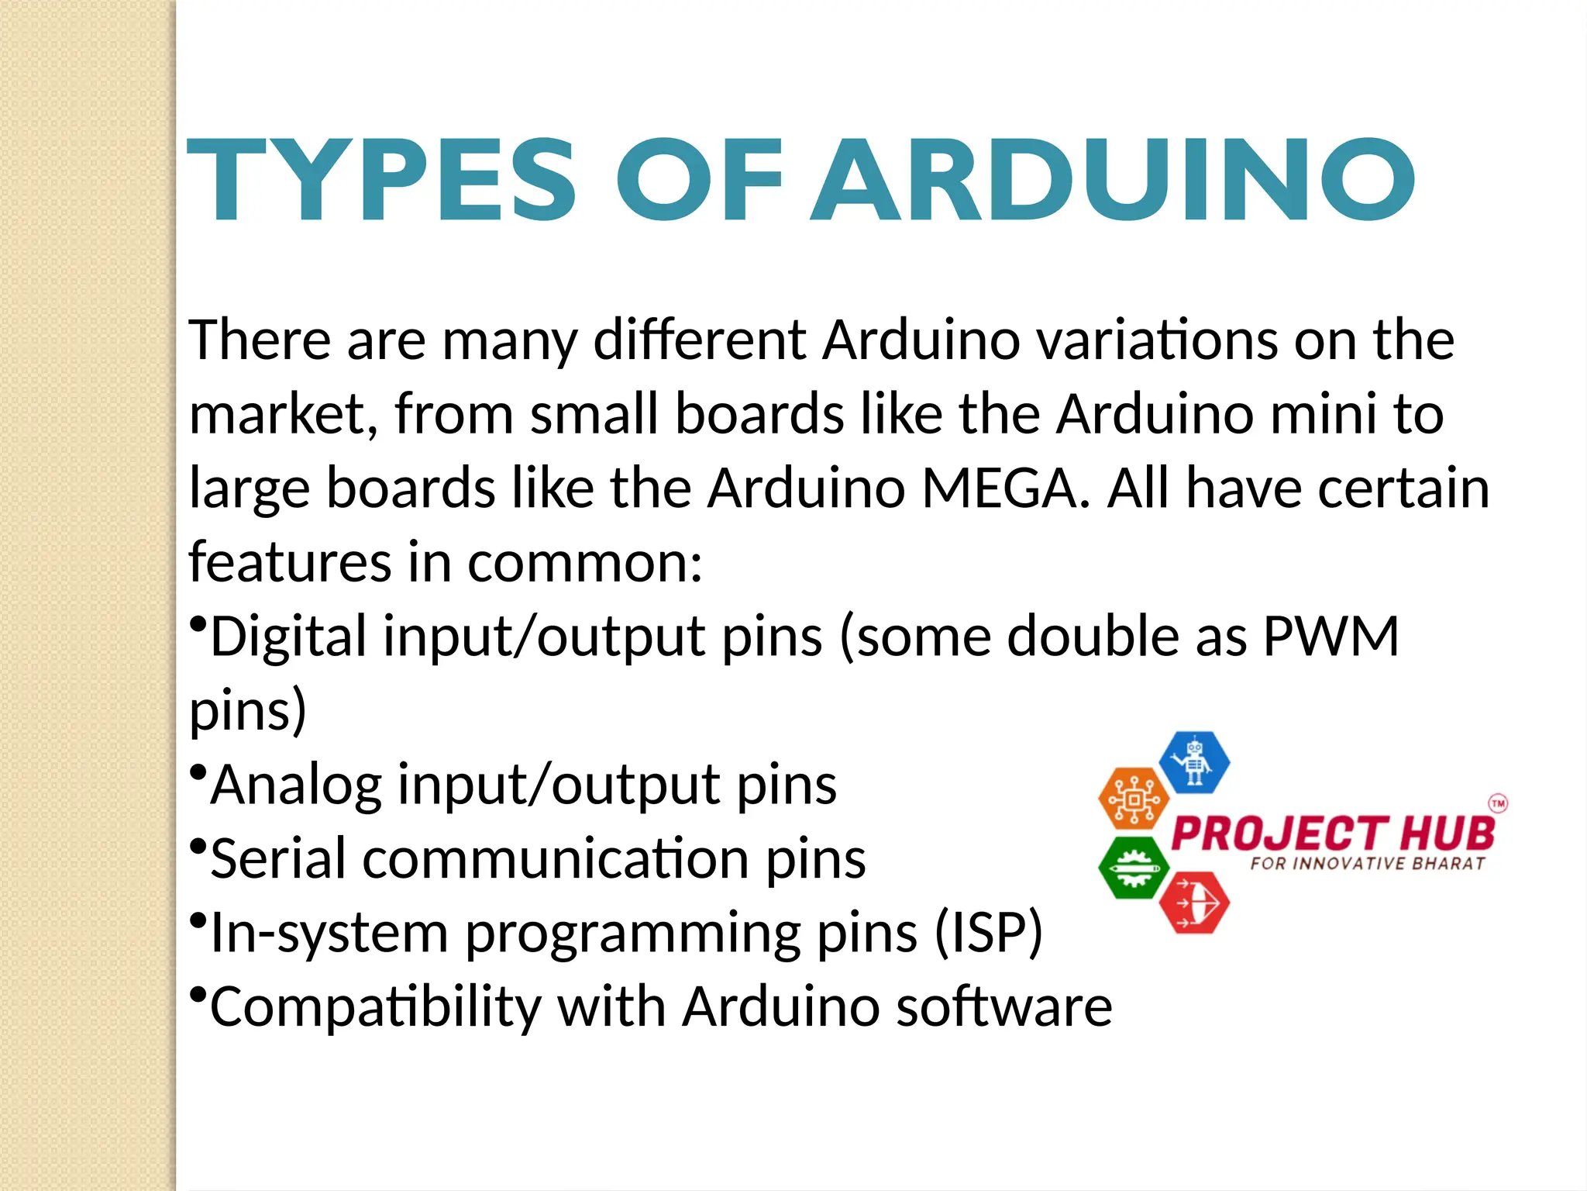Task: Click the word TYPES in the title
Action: pos(381,180)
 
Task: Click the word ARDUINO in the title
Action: pos(1113,180)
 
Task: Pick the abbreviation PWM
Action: pos(1331,637)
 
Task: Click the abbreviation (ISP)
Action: pos(989,932)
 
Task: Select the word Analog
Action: pos(296,786)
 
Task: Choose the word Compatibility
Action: pos(375,1007)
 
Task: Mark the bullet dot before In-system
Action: pos(198,920)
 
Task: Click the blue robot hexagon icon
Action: pos(1194,762)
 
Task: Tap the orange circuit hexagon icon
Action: pos(1134,799)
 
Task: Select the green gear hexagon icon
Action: pos(1134,868)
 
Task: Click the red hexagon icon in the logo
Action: pos(1194,903)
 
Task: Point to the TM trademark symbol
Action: pos(1499,803)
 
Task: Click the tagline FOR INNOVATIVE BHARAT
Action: pos(1368,864)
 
